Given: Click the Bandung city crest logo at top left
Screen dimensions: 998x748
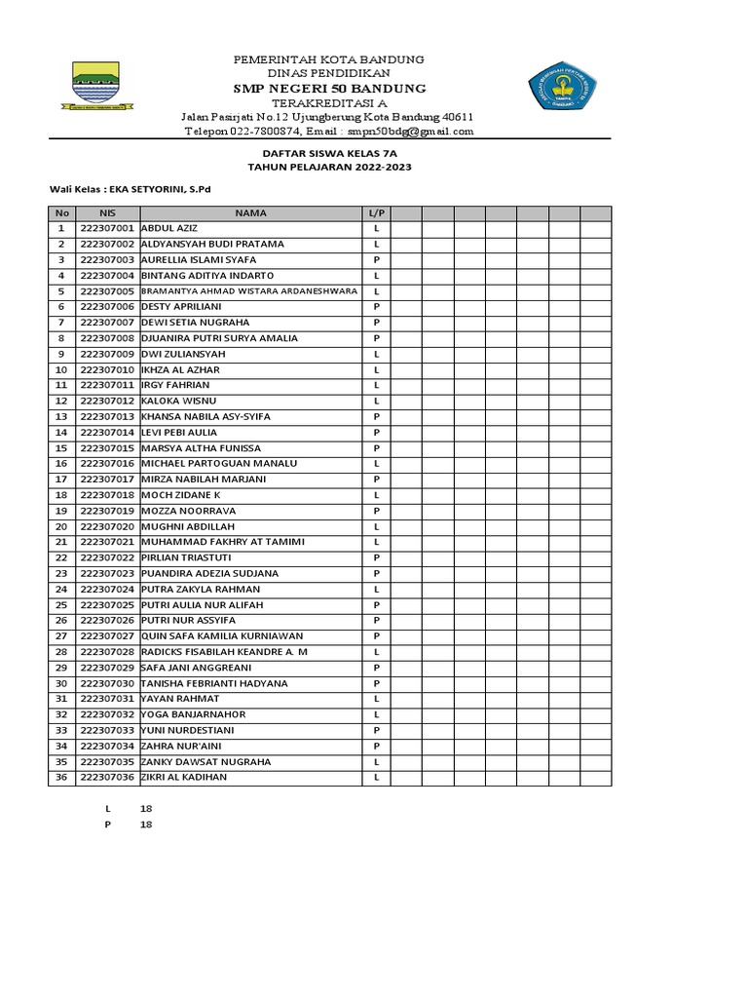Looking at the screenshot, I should coord(96,86).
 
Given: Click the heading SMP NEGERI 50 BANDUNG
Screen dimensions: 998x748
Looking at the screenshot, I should coord(329,89).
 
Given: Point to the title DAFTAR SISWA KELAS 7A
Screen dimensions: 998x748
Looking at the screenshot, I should coord(329,153).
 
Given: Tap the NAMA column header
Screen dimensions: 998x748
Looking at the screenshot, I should coord(250,212).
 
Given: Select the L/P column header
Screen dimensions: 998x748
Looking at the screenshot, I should coord(376,212).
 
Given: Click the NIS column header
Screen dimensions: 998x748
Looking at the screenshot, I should coord(107,212).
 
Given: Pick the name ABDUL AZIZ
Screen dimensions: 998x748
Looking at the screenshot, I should coord(170,228).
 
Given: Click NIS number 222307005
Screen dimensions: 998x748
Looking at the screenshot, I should coord(107,291).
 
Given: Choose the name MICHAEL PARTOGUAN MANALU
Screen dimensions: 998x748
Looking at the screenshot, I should coord(219,464).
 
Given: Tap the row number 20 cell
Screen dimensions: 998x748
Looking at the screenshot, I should coord(61,526).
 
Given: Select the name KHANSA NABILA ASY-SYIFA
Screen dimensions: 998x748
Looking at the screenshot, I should coord(206,416).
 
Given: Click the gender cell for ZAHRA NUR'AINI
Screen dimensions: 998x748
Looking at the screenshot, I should coord(376,746).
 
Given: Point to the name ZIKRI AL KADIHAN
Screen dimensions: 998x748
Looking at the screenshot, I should coord(184,777).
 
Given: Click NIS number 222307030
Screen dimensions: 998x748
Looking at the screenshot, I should coord(107,683).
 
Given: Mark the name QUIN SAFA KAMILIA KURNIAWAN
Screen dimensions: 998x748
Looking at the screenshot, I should coord(222,635).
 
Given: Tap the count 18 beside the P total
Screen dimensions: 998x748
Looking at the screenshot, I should coord(147,825).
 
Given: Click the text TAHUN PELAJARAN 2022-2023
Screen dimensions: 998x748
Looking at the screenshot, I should coord(329,167).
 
